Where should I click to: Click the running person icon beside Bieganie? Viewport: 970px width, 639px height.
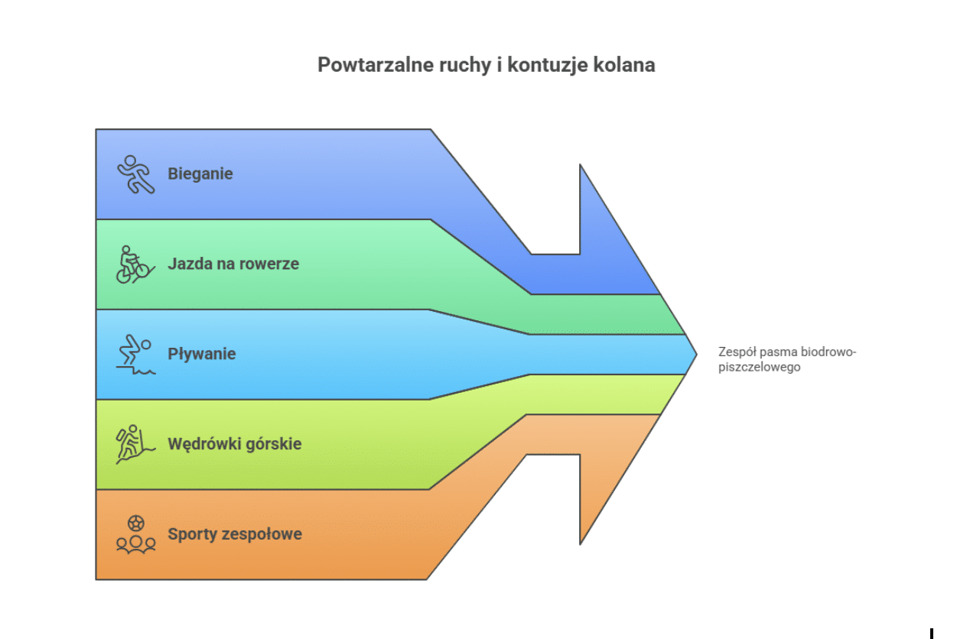coord(135,174)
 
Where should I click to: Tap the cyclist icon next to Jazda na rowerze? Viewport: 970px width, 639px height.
coord(133,264)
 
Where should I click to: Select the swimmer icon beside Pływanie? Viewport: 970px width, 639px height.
coord(135,355)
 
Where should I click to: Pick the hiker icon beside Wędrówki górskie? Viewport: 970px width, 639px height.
coord(134,444)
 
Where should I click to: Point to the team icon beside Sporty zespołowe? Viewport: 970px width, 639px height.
coord(135,534)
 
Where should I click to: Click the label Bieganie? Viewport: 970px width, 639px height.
coord(200,174)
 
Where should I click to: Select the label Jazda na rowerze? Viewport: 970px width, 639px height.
coord(233,264)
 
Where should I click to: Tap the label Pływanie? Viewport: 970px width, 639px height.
coord(202,355)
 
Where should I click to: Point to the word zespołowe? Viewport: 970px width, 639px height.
coord(262,534)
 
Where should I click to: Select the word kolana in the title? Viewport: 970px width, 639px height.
coord(627,65)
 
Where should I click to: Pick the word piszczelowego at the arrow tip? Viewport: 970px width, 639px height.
coord(759,367)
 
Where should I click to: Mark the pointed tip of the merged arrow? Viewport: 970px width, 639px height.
coord(695,354)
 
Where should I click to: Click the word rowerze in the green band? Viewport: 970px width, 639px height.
coord(270,264)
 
